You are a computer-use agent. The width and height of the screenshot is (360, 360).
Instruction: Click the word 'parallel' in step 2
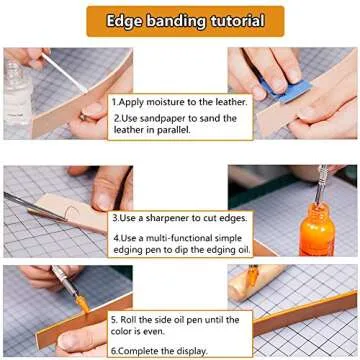coord(182,131)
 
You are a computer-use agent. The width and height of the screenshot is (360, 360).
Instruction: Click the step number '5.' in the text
coord(115,319)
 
